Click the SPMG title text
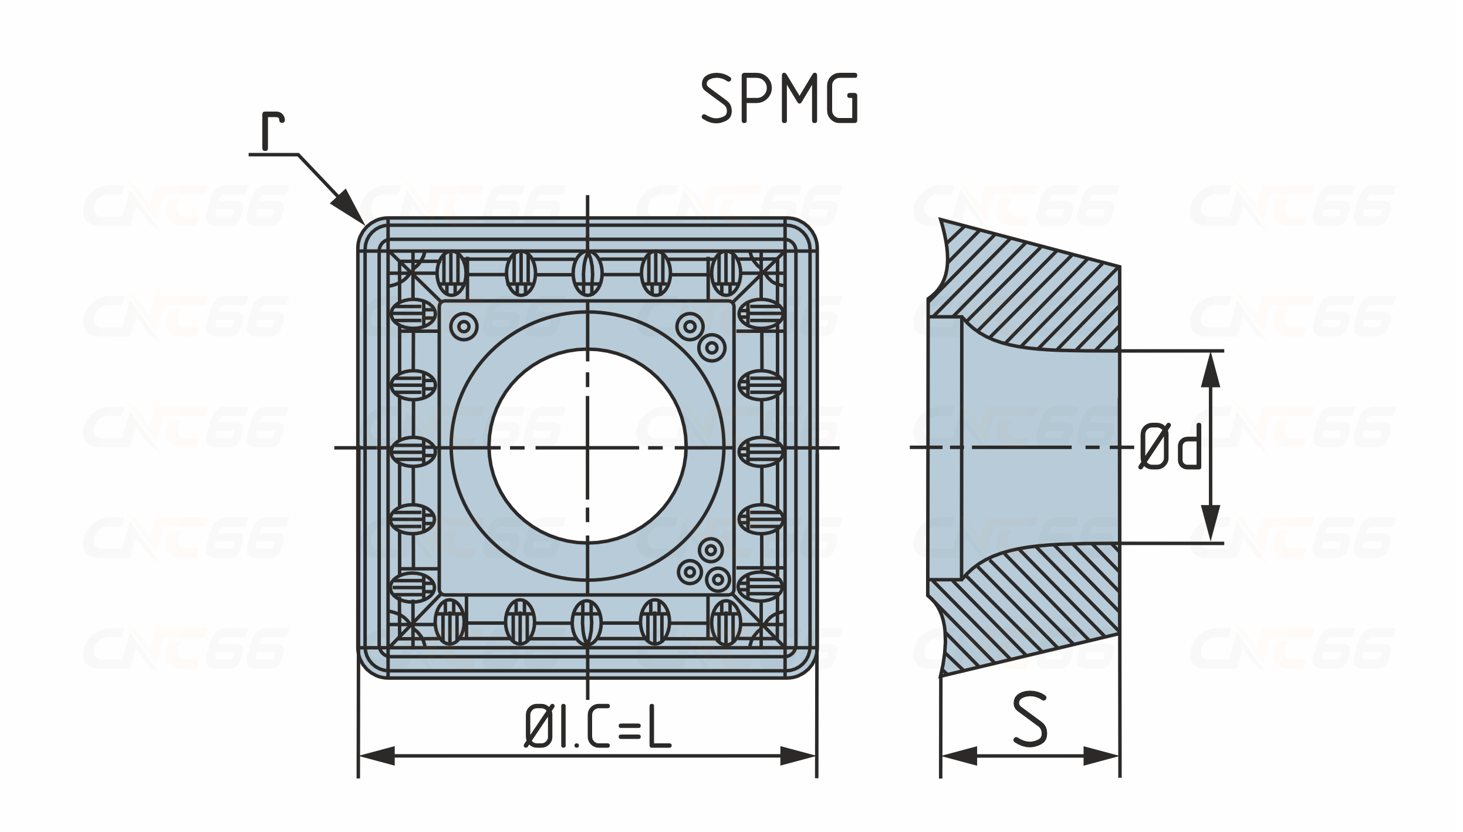point(779,98)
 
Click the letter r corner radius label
point(273,131)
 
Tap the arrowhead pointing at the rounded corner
point(347,207)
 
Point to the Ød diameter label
point(1170,446)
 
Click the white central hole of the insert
point(587,446)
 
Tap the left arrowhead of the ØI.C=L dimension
point(377,756)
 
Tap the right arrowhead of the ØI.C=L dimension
point(798,756)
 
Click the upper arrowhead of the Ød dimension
point(1211,369)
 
